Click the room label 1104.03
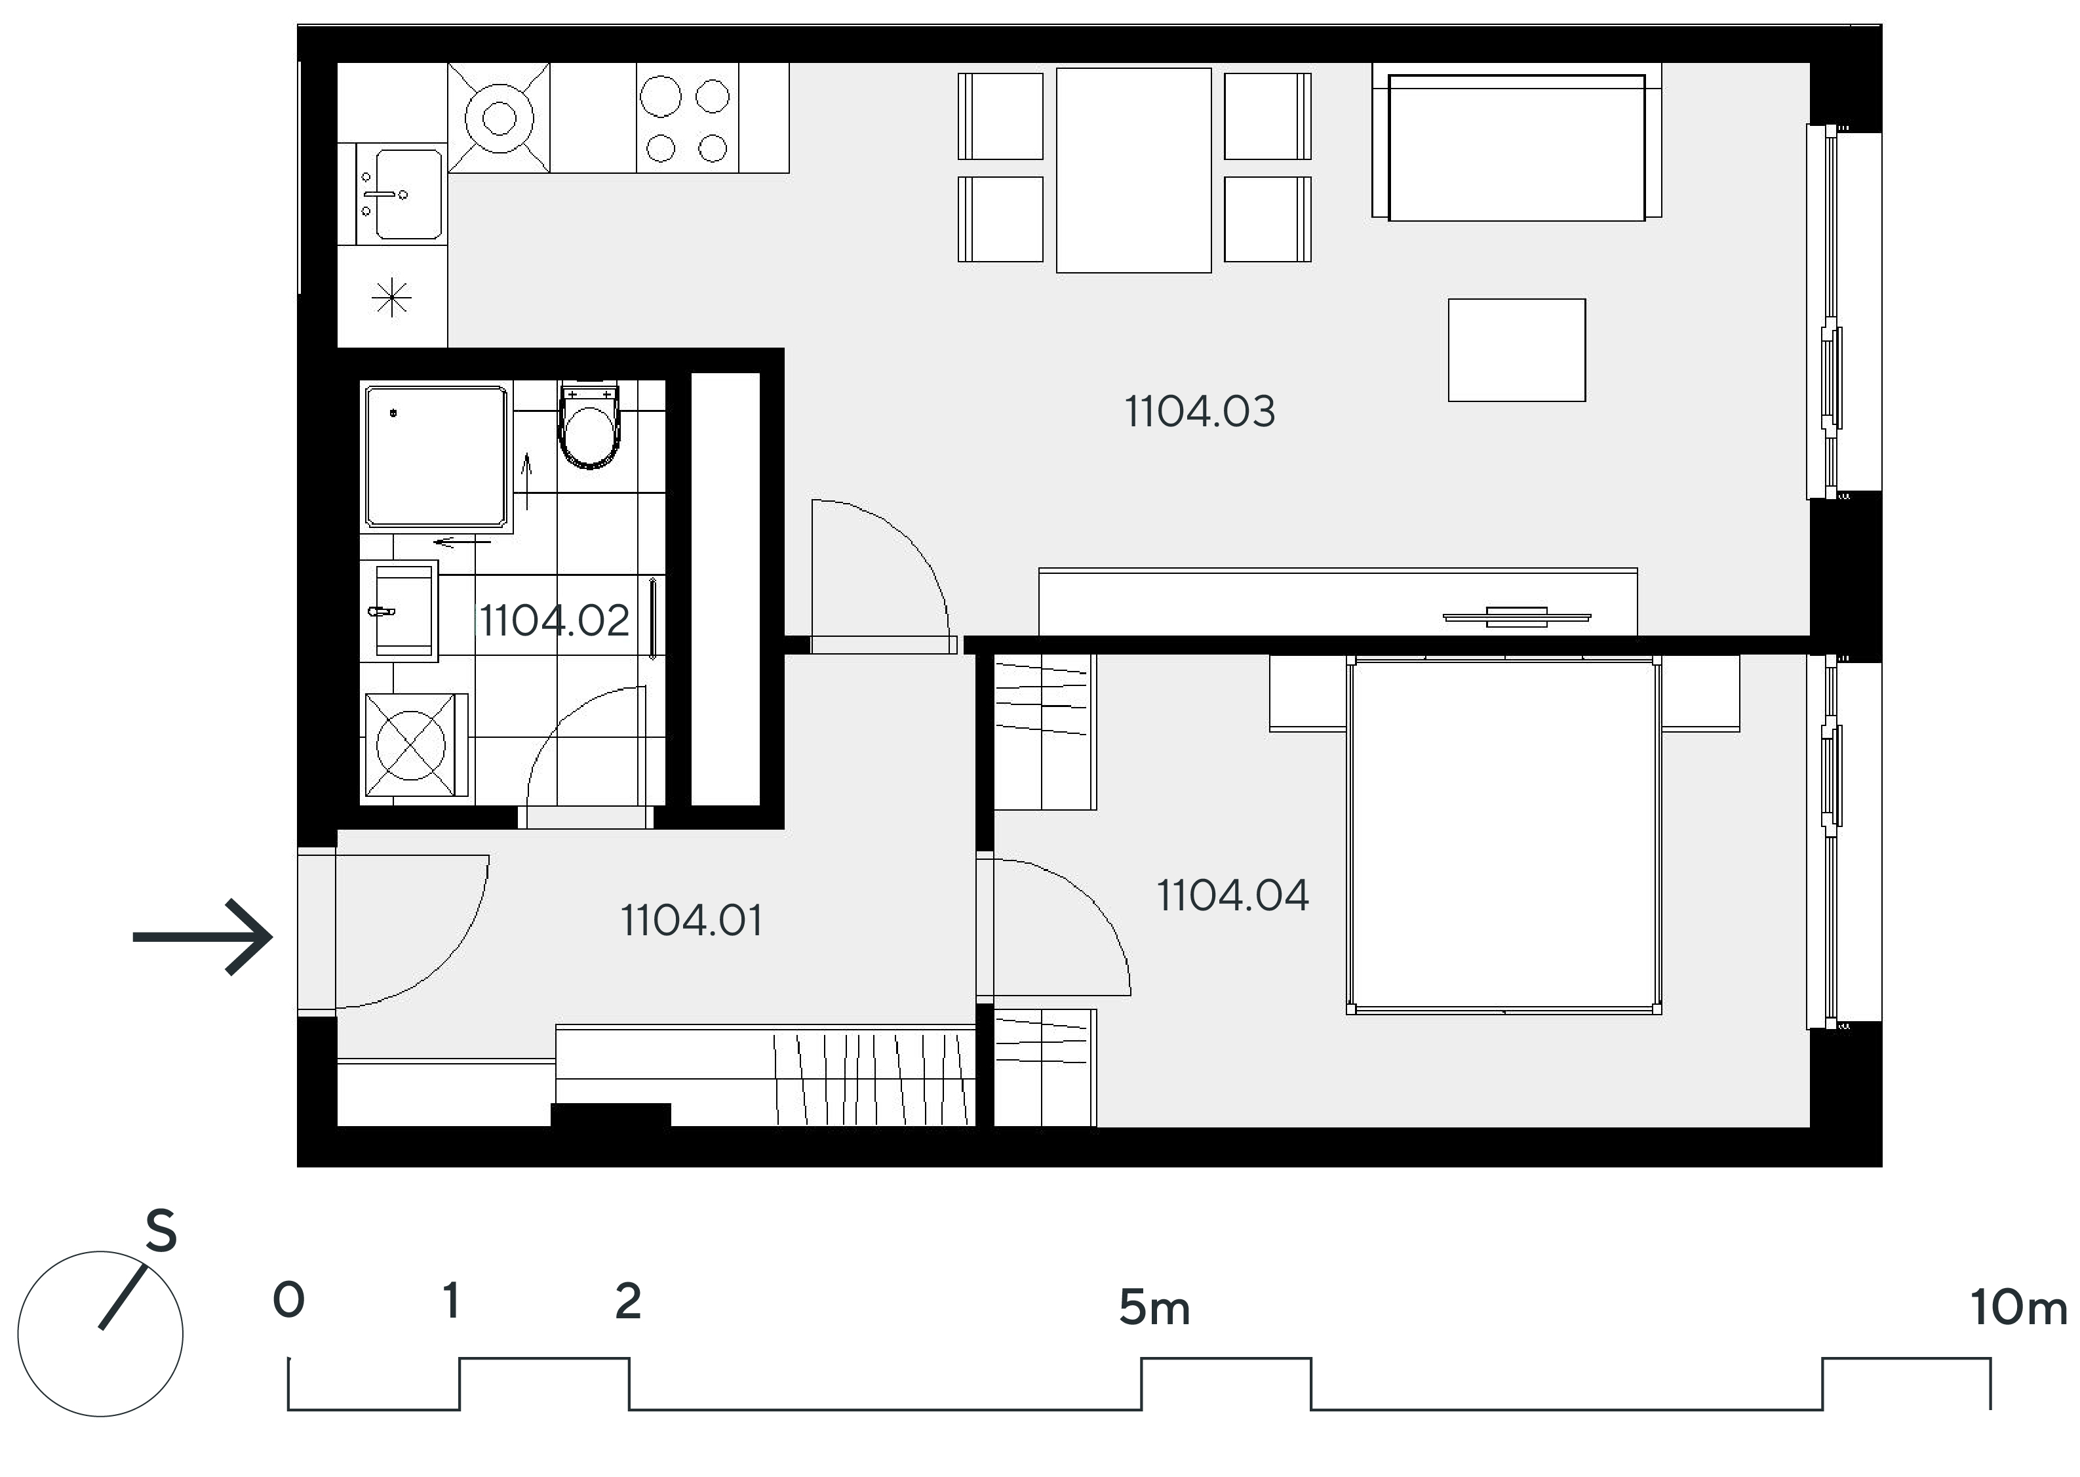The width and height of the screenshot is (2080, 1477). click(x=1200, y=412)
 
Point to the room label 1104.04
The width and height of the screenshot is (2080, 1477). click(x=1233, y=896)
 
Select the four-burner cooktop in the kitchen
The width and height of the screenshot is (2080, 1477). click(x=686, y=118)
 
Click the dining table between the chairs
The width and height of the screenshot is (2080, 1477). click(x=1133, y=170)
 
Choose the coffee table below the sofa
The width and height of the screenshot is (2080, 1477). click(x=1516, y=350)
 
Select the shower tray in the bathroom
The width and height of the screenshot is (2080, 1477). click(x=437, y=456)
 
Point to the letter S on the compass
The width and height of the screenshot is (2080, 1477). click(x=161, y=1232)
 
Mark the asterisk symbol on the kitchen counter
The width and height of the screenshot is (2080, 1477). click(x=392, y=297)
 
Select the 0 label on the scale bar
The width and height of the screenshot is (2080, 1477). click(x=288, y=1301)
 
